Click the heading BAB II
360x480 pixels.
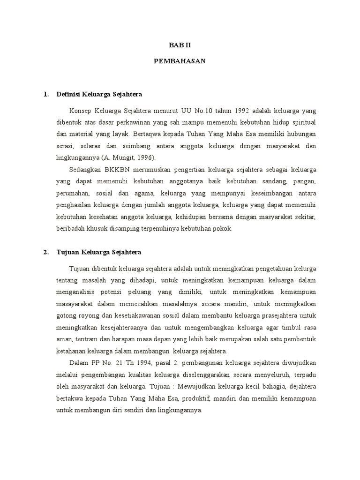(180, 46)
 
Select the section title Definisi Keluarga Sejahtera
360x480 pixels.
(99, 94)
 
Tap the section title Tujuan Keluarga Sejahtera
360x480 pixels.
(98, 252)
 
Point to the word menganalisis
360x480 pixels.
(63, 292)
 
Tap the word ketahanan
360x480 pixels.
(58, 351)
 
